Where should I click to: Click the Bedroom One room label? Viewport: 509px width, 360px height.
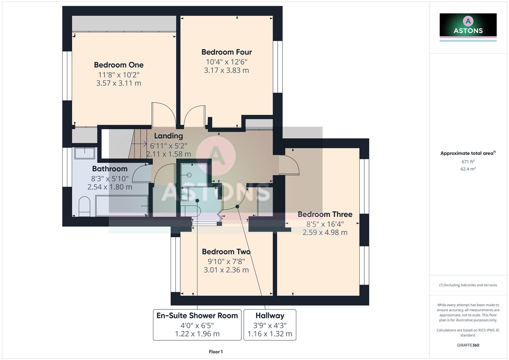(119, 65)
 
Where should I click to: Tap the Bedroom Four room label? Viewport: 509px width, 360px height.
(226, 52)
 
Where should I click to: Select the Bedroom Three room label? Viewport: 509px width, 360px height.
(325, 214)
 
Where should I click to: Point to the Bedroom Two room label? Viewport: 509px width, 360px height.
(226, 252)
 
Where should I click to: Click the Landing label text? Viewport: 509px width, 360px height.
(168, 136)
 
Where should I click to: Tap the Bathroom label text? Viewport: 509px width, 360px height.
(110, 169)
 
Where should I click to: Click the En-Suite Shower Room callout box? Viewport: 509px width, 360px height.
(197, 324)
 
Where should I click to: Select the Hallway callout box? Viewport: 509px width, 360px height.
(270, 324)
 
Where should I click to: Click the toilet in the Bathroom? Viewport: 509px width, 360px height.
(84, 206)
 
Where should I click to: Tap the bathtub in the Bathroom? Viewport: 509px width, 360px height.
(122, 206)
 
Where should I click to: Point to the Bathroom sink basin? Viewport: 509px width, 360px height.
(84, 153)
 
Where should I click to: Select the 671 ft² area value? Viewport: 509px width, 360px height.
(468, 162)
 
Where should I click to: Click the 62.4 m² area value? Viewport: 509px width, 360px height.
(468, 169)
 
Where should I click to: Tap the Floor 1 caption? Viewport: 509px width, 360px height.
(216, 352)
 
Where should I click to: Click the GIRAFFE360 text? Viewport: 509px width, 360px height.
(468, 345)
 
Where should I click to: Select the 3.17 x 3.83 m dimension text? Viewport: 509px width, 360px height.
(226, 70)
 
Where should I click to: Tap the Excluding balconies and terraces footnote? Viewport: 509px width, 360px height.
(468, 285)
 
